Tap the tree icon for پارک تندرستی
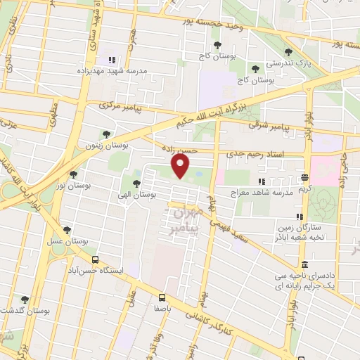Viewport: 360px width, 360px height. click(288, 51)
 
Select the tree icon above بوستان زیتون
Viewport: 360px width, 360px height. click(106, 134)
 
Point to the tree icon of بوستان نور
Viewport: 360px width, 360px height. click(73, 174)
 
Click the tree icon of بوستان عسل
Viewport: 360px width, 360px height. click(67, 229)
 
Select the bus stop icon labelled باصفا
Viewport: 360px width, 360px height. click(162, 297)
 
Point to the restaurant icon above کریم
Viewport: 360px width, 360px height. click(304, 178)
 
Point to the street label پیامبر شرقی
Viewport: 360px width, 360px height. click(268, 127)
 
